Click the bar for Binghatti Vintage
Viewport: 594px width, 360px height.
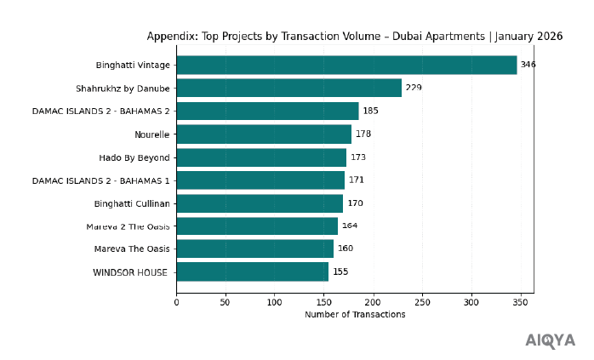pyautogui.click(x=346, y=65)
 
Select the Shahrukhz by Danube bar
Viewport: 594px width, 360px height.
pyautogui.click(x=288, y=88)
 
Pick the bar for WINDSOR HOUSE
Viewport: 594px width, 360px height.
pyautogui.click(x=252, y=271)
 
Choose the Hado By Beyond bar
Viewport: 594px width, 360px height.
pyautogui.click(x=261, y=157)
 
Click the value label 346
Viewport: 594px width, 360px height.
pyautogui.click(x=528, y=65)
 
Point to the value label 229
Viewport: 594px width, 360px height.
pyautogui.click(x=414, y=88)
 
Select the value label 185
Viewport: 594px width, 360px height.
pyautogui.click(x=370, y=111)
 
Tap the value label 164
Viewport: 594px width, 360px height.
pyautogui.click(x=350, y=226)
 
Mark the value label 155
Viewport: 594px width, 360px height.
pyautogui.click(x=340, y=271)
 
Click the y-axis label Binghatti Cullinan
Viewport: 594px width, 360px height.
pyautogui.click(x=132, y=203)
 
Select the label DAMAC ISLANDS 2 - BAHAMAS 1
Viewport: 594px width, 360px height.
pyautogui.click(x=100, y=180)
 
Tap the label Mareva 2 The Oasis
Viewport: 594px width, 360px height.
pyautogui.click(x=128, y=226)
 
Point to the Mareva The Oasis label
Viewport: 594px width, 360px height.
pyautogui.click(x=132, y=249)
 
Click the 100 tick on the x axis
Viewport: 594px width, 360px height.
pyautogui.click(x=275, y=301)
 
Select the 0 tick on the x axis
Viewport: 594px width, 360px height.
pyautogui.click(x=176, y=301)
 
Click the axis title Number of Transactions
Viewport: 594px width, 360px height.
pyautogui.click(x=355, y=315)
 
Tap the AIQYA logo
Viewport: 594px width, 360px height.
pyautogui.click(x=550, y=340)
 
